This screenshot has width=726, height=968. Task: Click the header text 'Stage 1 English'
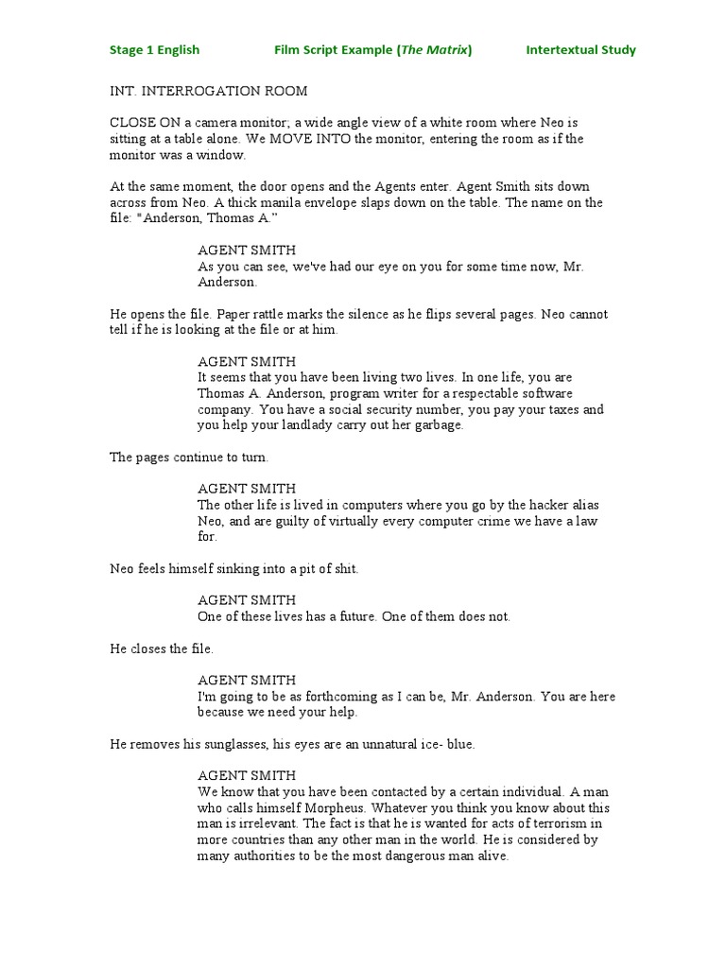[154, 50]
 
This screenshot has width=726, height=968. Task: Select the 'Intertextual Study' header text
[580, 50]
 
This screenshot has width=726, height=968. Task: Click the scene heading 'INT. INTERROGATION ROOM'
[209, 91]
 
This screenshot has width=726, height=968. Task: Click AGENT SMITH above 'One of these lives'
[247, 600]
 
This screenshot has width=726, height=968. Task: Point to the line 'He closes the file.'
[162, 648]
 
